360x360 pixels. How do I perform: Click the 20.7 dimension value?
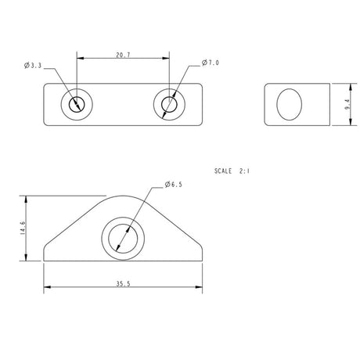coord(123,56)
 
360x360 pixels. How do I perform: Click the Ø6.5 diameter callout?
coord(174,184)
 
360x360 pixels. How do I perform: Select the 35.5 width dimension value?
coord(123,283)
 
